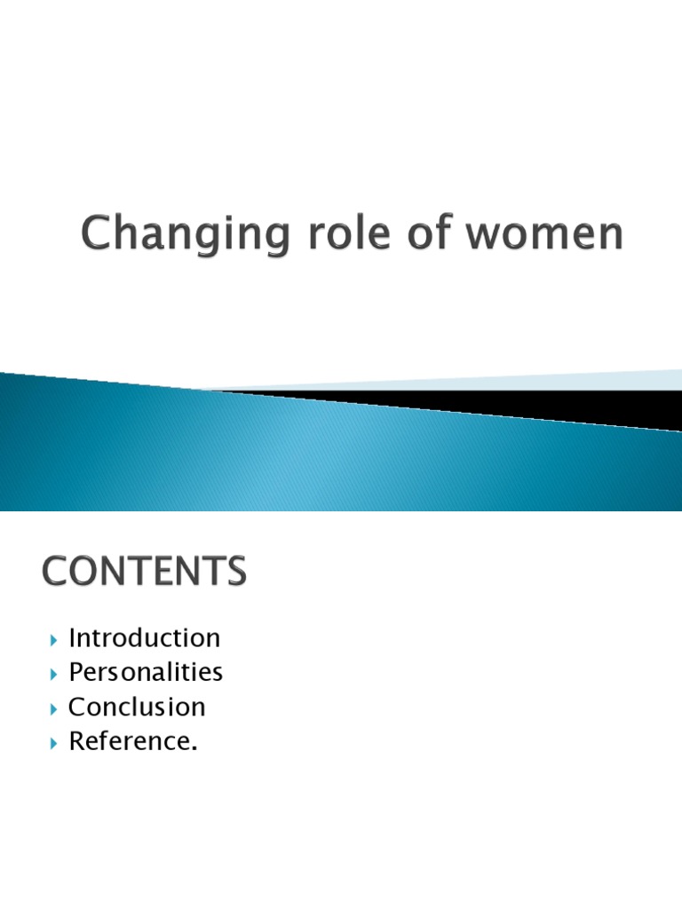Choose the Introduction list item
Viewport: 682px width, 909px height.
coord(144,637)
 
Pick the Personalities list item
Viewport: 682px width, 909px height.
coord(146,672)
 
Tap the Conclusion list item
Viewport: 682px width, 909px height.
coord(137,707)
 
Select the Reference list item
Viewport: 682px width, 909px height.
coord(131,741)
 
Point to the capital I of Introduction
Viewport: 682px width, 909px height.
coord(73,637)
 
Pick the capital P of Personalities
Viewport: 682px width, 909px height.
coord(77,672)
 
